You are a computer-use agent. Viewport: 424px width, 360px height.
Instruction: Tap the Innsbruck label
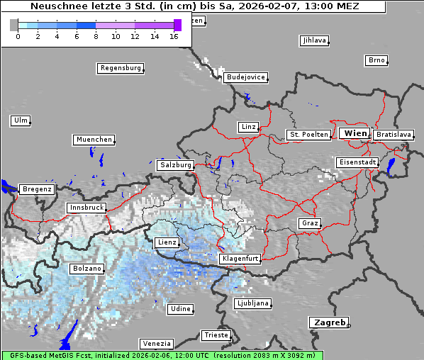86,208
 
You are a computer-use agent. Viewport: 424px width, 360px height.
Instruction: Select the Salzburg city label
175,164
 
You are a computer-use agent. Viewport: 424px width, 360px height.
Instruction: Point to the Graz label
309,223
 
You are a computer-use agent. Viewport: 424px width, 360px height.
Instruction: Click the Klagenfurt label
239,259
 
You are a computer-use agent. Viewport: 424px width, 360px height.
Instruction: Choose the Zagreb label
328,322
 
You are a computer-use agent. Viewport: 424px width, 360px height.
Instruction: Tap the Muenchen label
94,140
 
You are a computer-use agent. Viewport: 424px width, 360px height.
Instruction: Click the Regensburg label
120,68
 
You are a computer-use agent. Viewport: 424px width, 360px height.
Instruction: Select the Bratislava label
393,134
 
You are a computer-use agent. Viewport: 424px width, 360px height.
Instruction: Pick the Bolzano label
87,269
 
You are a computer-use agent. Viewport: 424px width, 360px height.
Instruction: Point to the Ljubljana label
252,303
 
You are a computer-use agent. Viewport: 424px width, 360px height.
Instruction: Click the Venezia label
155,343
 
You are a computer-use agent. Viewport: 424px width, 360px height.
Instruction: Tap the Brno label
376,60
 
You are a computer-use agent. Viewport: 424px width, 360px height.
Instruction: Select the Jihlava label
313,40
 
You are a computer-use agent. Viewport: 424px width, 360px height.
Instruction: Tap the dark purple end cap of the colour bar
177,25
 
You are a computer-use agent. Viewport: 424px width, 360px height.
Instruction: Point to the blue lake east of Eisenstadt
391,165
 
